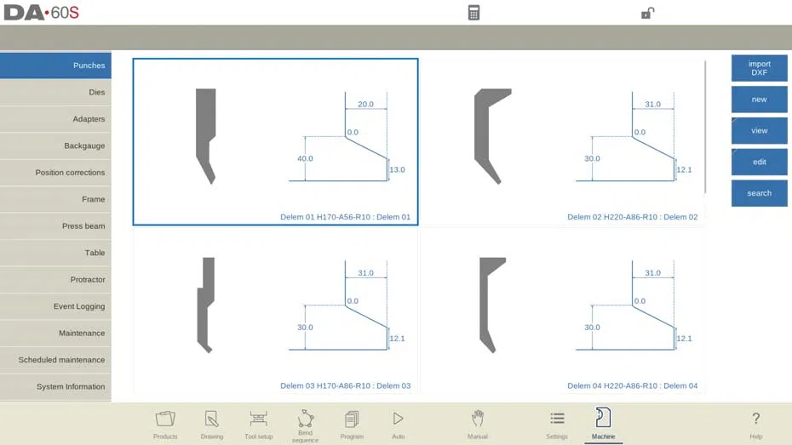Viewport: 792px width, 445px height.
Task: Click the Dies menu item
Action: pyautogui.click(x=55, y=93)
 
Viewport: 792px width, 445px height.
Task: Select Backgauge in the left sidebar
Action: pyautogui.click(x=55, y=145)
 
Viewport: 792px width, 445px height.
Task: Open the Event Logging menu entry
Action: pyautogui.click(x=55, y=306)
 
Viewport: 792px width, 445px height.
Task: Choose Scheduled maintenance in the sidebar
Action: pyautogui.click(x=55, y=360)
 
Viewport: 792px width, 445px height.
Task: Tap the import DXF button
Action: pyautogui.click(x=759, y=68)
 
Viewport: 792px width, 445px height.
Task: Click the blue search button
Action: pyautogui.click(x=759, y=193)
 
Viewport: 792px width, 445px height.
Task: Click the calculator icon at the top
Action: pyautogui.click(x=473, y=13)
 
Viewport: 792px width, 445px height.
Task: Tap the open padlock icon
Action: pyautogui.click(x=647, y=13)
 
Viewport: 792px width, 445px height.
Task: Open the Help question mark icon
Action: pyautogui.click(x=755, y=419)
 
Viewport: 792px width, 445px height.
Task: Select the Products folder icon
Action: pyautogui.click(x=165, y=419)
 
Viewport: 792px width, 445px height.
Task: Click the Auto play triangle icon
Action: pyautogui.click(x=398, y=419)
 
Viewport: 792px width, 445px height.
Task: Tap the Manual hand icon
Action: pyautogui.click(x=477, y=419)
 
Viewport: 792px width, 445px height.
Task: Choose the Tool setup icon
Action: pyautogui.click(x=258, y=419)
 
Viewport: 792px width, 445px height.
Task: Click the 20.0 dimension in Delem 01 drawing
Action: pyautogui.click(x=365, y=105)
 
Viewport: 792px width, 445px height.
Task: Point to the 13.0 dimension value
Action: pyautogui.click(x=397, y=169)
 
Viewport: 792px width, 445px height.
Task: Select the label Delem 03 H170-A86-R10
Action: pyautogui.click(x=325, y=386)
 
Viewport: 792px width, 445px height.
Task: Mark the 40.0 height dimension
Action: pyautogui.click(x=305, y=158)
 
